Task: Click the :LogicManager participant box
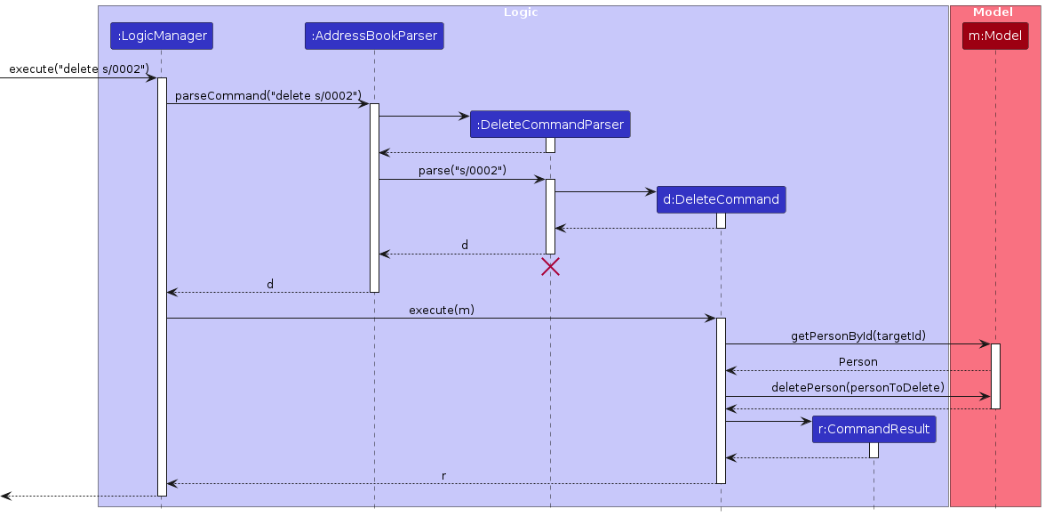point(162,36)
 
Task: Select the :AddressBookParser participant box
point(373,36)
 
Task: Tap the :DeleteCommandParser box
point(550,125)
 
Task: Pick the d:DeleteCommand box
point(721,200)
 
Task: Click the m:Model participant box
point(995,36)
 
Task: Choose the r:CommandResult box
point(873,430)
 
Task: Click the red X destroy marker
point(550,266)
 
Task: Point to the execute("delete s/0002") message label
point(78,69)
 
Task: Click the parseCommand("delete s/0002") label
point(268,95)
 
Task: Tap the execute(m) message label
point(441,310)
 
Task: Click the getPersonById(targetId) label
point(858,335)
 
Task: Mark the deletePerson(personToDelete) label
point(858,387)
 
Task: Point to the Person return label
point(858,361)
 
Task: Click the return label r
point(443,476)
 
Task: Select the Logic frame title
point(521,12)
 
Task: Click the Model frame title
point(993,12)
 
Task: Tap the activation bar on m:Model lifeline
point(995,376)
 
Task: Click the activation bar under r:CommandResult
point(873,450)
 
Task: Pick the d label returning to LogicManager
point(270,285)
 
